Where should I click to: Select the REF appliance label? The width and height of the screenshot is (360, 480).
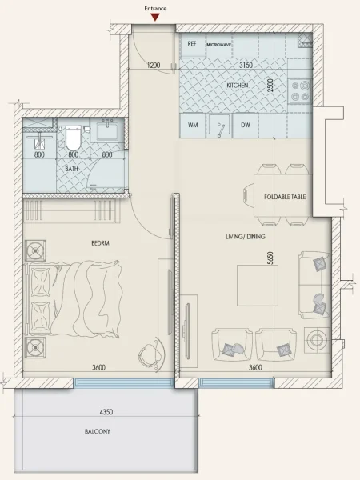(192, 45)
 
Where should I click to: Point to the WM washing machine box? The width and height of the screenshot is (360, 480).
(193, 126)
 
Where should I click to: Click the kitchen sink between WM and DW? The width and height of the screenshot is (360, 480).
(218, 125)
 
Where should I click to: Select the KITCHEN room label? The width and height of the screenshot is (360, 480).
(237, 84)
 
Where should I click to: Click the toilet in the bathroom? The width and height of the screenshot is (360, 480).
(73, 135)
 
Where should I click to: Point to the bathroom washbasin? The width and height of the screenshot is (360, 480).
(107, 130)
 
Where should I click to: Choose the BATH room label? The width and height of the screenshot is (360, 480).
(71, 169)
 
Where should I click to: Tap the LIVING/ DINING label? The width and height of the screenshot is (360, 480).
(245, 237)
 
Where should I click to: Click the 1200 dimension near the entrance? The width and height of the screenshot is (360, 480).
(155, 66)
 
